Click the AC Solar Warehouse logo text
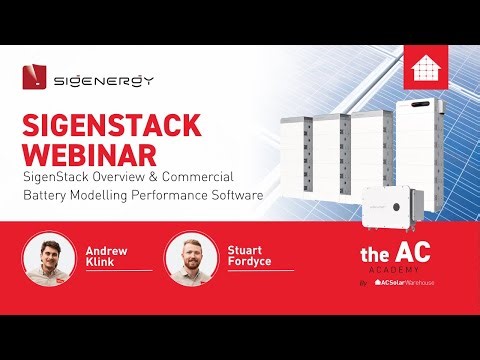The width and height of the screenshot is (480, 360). pyautogui.click(x=411, y=283)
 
